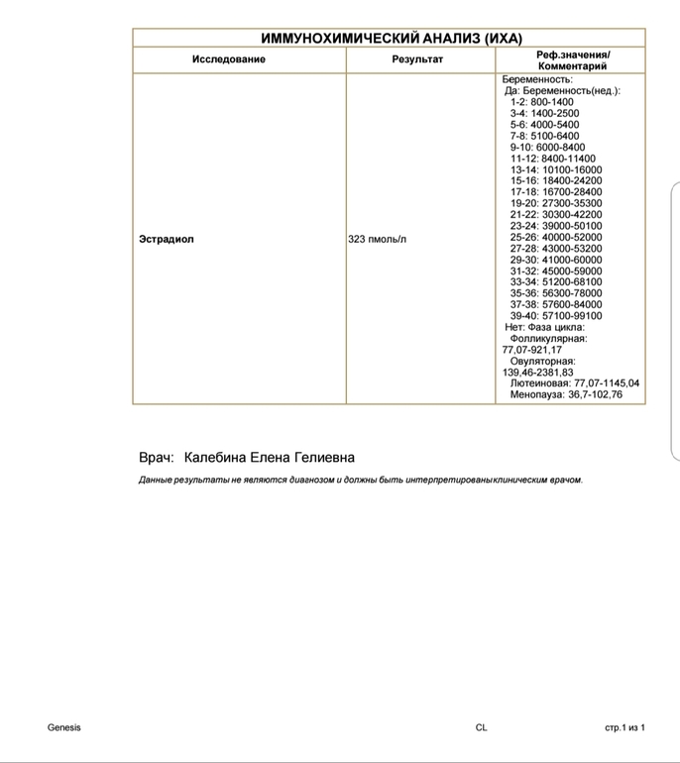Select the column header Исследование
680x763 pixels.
(228, 59)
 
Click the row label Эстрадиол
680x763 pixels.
(167, 240)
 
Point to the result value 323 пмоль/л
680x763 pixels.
(378, 240)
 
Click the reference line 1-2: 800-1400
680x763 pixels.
(541, 102)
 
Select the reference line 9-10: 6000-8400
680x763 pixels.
(547, 148)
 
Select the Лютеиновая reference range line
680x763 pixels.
(575, 383)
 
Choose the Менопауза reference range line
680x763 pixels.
(566, 394)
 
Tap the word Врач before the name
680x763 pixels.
(156, 458)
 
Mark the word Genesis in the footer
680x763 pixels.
(64, 728)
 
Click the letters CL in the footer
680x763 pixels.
(482, 728)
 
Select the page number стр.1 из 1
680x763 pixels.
(625, 728)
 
